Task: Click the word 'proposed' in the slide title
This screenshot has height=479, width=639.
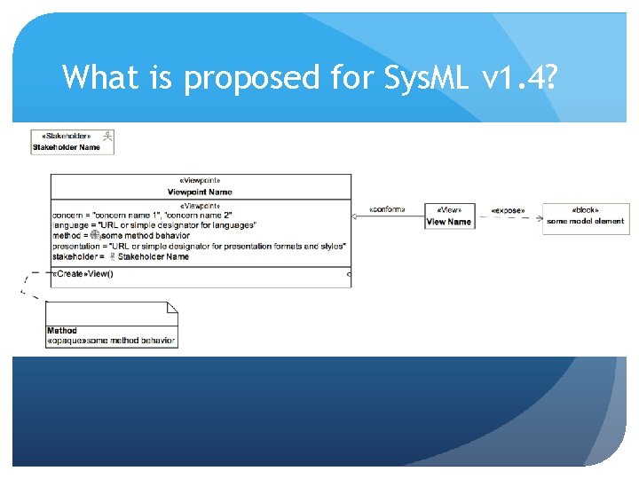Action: (251, 79)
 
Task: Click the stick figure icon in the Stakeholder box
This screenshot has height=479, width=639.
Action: (106, 136)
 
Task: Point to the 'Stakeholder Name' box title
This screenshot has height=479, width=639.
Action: (67, 147)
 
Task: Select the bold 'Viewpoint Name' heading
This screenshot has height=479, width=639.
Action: (200, 192)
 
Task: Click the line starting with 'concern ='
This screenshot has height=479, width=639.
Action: (142, 216)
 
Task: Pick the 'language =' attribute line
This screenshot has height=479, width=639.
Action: (154, 225)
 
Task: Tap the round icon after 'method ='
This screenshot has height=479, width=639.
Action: (95, 236)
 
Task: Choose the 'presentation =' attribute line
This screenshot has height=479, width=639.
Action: (199, 246)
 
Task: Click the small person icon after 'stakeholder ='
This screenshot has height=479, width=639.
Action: (112, 256)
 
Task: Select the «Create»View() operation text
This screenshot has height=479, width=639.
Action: (83, 274)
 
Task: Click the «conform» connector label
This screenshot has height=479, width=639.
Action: (387, 210)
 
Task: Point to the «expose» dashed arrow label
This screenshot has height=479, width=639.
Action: (508, 211)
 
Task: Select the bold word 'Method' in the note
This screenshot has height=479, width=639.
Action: (62, 331)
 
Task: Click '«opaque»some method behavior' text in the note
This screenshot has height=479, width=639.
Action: (112, 341)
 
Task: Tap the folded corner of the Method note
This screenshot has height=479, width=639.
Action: (172, 308)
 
